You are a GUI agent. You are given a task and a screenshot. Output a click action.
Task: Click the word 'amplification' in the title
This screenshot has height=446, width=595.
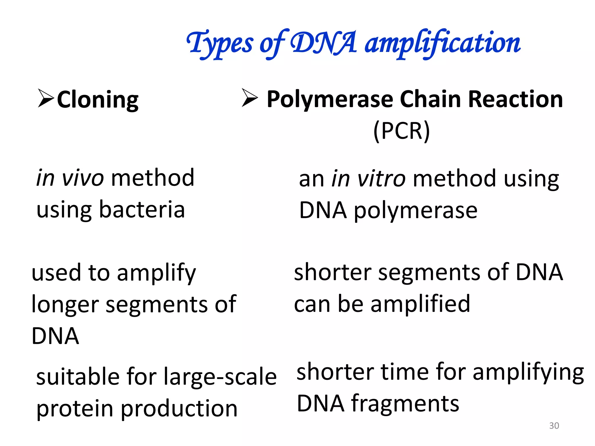[x=442, y=44]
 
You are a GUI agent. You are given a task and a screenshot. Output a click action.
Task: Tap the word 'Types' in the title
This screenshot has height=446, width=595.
[x=220, y=44]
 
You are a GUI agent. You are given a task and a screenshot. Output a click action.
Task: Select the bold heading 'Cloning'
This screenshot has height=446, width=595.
[x=98, y=100]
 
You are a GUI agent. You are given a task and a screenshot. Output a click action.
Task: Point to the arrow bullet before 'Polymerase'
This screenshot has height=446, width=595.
[x=250, y=98]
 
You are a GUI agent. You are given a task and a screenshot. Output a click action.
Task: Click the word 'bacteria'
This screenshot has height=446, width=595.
[x=142, y=209]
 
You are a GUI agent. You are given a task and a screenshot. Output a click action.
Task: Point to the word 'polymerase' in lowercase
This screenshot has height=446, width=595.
[x=415, y=211]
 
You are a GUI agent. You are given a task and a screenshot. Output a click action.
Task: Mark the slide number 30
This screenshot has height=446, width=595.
[x=554, y=426]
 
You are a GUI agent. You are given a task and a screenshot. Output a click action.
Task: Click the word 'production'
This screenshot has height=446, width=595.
[x=179, y=409]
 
